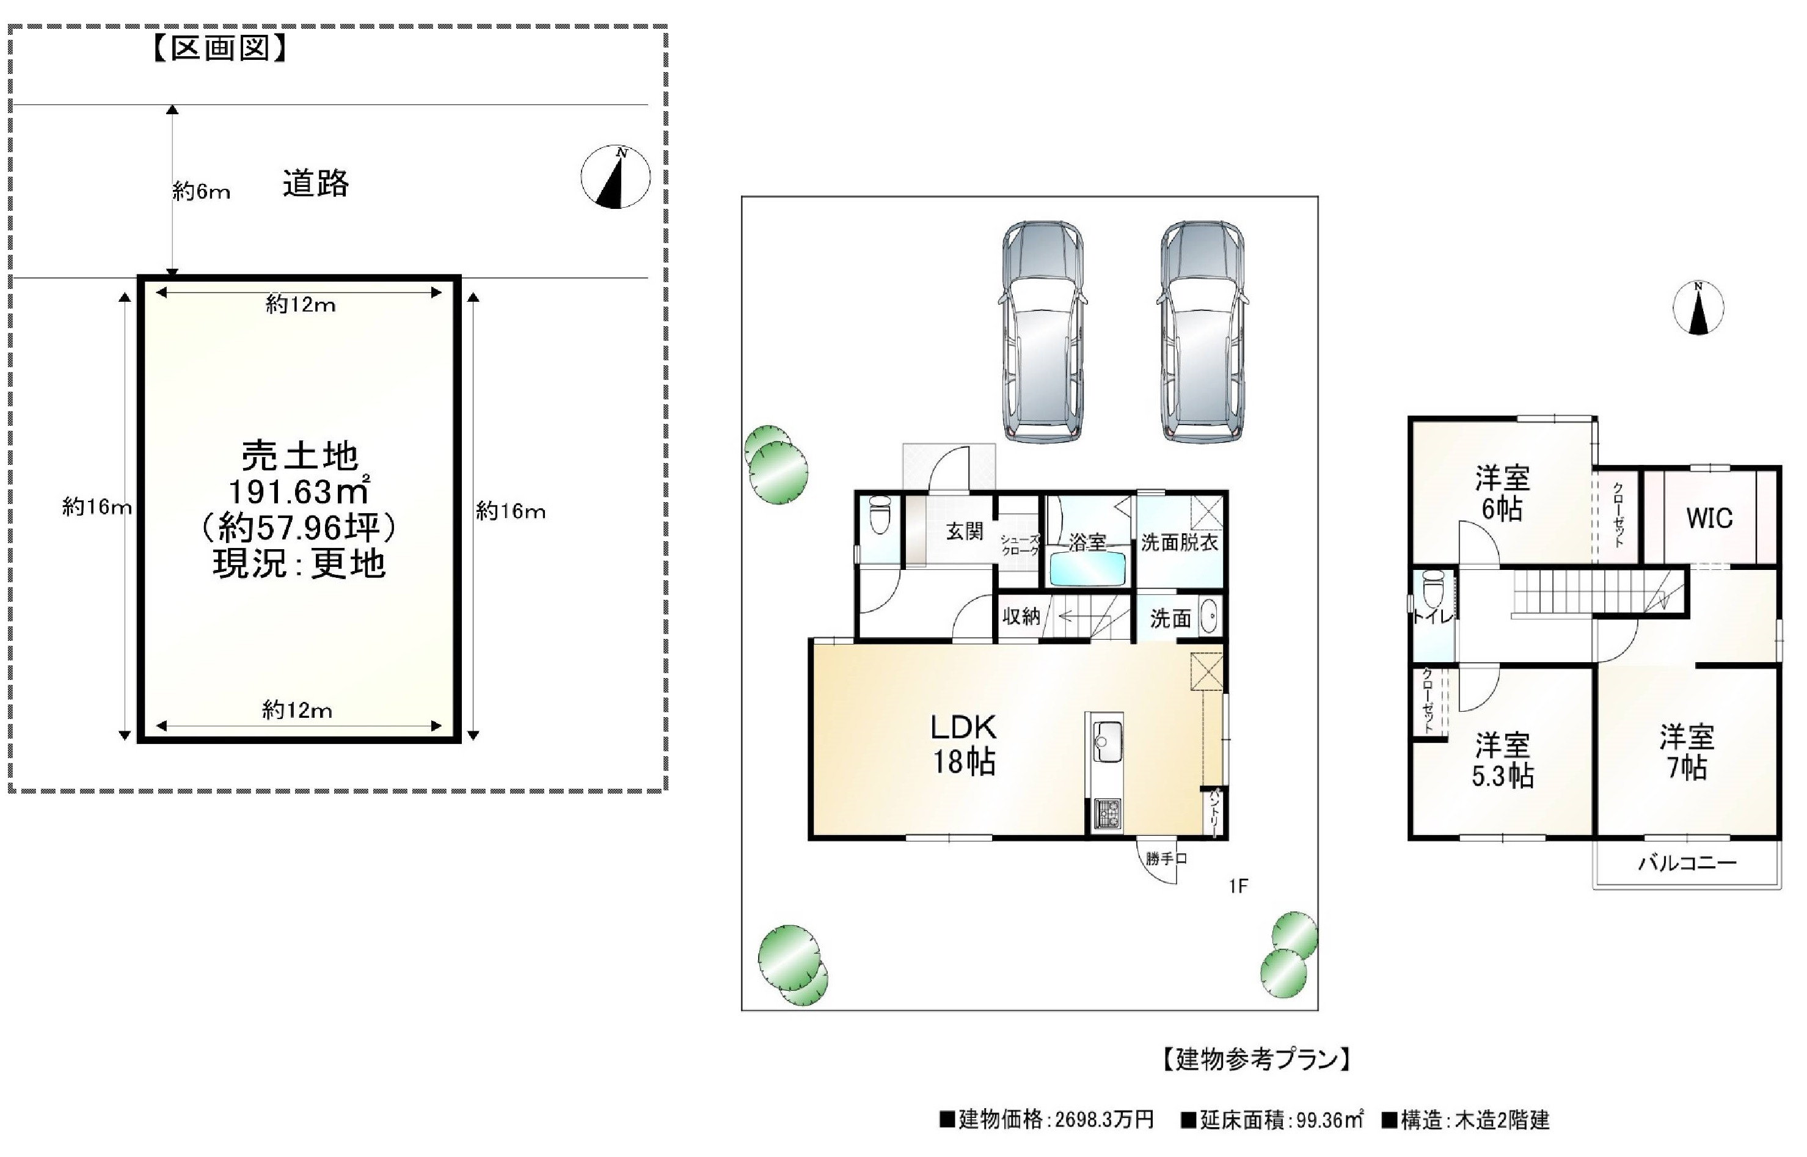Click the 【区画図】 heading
[x=219, y=49]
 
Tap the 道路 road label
[x=316, y=184]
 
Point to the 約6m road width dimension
[x=200, y=192]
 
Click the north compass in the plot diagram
[x=615, y=177]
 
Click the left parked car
[x=1042, y=330]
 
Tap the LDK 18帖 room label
[x=964, y=745]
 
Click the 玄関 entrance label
[x=964, y=531]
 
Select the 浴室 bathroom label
[x=1087, y=542]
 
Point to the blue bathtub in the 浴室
[x=1087, y=569]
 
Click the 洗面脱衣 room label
[x=1179, y=542]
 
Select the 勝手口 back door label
[x=1166, y=859]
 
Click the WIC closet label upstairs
[x=1709, y=517]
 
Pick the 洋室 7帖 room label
[x=1687, y=753]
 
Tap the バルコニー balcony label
[x=1687, y=863]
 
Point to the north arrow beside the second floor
[x=1698, y=307]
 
